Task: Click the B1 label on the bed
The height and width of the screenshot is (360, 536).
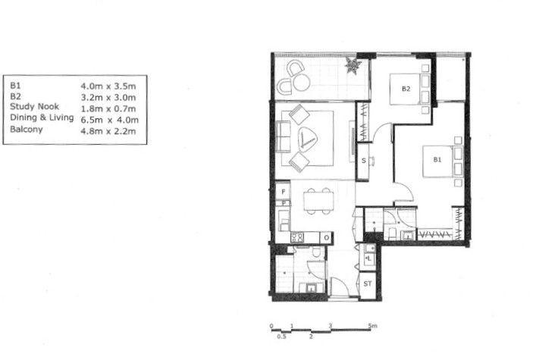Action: tap(437, 160)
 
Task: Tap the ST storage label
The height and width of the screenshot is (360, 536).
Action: tap(368, 284)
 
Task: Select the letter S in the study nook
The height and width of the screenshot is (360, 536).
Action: tap(364, 161)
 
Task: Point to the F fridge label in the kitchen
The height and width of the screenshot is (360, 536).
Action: tap(283, 193)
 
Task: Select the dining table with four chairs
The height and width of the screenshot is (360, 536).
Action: tap(318, 201)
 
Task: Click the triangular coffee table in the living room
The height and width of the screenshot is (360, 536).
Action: tap(309, 139)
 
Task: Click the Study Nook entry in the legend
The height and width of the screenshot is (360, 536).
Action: tap(34, 107)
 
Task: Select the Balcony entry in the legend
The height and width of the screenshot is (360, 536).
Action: tap(27, 130)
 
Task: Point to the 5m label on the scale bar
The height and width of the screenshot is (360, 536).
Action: tap(372, 327)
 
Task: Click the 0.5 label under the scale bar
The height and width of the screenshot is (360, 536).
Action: tap(281, 336)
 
